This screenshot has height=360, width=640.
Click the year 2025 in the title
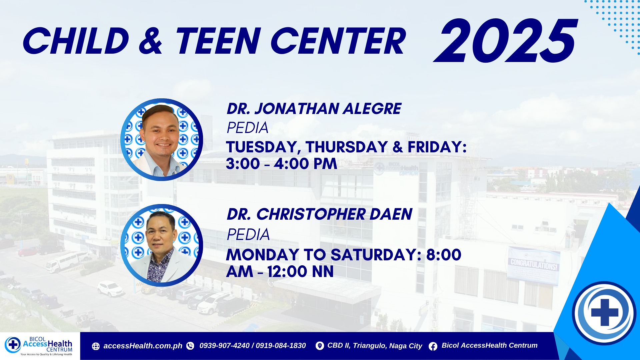click(x=505, y=41)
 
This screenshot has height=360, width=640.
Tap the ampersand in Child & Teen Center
click(x=151, y=41)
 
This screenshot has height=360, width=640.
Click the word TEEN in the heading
click(x=218, y=41)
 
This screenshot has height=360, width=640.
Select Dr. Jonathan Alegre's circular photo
click(x=162, y=140)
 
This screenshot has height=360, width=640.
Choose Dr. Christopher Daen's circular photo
click(x=162, y=245)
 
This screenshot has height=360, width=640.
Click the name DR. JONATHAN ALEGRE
click(x=314, y=109)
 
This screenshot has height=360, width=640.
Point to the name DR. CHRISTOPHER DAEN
click(x=319, y=214)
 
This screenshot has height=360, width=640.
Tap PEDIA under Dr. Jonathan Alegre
click(x=247, y=128)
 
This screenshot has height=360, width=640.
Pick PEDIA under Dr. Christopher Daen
click(x=248, y=234)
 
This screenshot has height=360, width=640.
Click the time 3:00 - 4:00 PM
click(x=282, y=164)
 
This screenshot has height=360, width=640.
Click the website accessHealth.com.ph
click(x=143, y=346)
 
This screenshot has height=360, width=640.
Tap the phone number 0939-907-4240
click(x=224, y=346)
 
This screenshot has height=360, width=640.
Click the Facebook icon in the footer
click(x=433, y=346)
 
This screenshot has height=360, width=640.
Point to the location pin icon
click(x=320, y=346)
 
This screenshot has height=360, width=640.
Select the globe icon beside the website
click(x=96, y=346)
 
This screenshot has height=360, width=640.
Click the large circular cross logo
click(x=604, y=313)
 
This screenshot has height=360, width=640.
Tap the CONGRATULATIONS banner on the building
click(x=534, y=265)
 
